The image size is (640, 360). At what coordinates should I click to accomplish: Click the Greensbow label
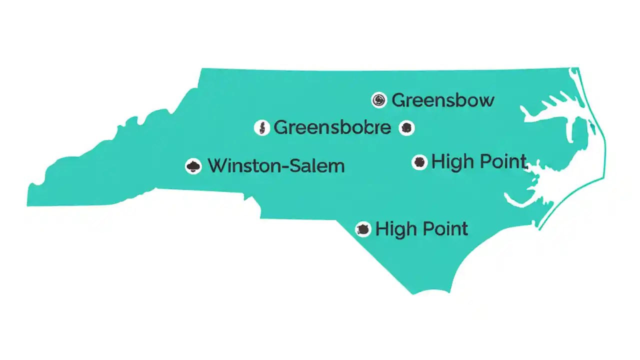coord(443,100)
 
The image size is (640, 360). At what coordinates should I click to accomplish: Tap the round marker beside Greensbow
coord(379,100)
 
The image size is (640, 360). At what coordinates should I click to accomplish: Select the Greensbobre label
coord(332,127)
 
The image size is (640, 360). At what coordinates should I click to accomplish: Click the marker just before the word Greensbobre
coord(261,128)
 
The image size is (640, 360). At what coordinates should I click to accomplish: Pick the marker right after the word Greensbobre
coord(406,128)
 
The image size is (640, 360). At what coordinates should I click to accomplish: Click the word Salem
coord(320,165)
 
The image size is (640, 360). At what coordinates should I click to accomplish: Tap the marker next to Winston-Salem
coord(193,166)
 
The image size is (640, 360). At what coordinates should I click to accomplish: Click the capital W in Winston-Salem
coord(216,165)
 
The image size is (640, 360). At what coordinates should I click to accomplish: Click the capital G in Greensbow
coord(398,100)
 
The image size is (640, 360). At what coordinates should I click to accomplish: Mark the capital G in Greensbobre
coord(281,127)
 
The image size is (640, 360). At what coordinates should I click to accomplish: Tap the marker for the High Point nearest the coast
coord(419,162)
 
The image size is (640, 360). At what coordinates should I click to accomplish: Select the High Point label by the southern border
coord(421,229)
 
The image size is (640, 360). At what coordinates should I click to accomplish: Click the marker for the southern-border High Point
coord(363,229)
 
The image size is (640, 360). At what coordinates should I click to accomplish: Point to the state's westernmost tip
coord(28,200)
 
